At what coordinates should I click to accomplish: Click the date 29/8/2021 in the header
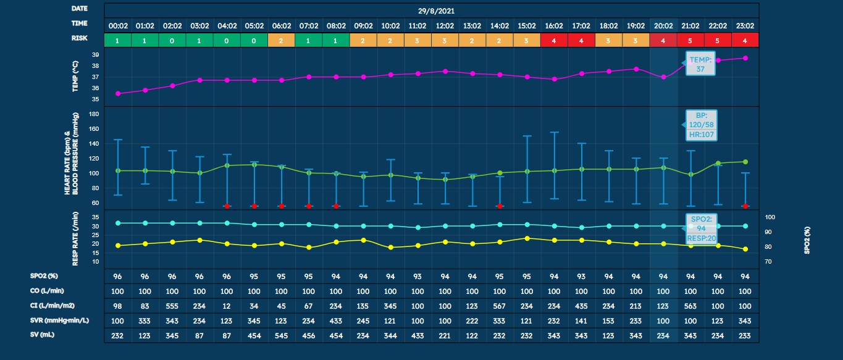click(431, 10)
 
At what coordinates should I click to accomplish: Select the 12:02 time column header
click(445, 26)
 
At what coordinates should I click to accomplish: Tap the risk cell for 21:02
click(690, 40)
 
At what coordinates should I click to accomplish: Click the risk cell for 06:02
click(282, 40)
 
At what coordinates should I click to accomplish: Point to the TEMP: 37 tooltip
click(700, 64)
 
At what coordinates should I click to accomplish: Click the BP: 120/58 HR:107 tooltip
click(700, 125)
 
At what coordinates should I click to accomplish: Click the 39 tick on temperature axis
click(96, 55)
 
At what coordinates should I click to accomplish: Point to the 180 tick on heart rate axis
click(94, 114)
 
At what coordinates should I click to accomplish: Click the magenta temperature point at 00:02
click(118, 93)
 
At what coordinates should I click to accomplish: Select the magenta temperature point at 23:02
click(745, 58)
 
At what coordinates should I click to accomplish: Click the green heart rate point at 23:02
click(745, 162)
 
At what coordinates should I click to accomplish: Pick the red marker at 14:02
click(500, 206)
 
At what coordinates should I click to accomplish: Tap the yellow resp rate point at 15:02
click(527, 238)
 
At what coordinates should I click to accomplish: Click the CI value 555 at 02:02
click(172, 306)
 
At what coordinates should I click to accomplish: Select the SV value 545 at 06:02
click(282, 335)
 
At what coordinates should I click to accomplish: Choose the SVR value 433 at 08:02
click(336, 320)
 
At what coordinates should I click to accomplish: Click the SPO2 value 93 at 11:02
click(417, 277)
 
